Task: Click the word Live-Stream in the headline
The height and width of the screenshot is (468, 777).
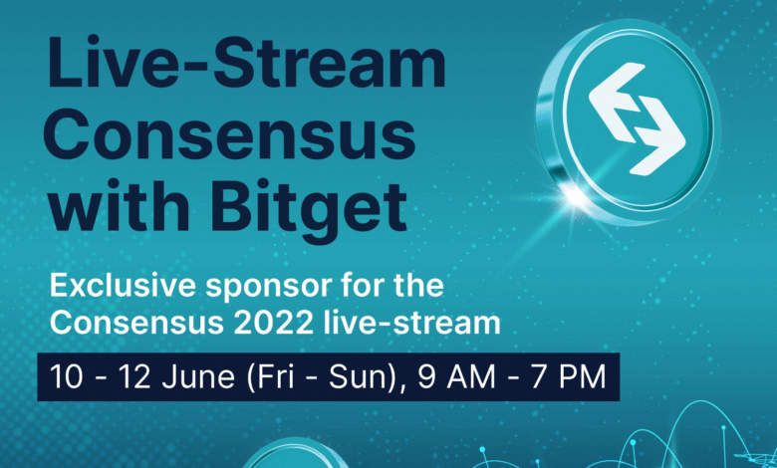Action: click(x=246, y=63)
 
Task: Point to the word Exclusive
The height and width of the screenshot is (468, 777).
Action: click(x=123, y=285)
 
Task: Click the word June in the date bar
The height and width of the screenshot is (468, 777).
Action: click(x=198, y=376)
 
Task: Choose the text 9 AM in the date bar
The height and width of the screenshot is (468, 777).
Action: click(x=456, y=376)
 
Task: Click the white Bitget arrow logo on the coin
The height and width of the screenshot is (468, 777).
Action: click(x=638, y=118)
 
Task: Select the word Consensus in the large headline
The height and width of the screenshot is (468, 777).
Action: click(x=229, y=135)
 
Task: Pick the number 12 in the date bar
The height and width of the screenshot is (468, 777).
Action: click(x=135, y=376)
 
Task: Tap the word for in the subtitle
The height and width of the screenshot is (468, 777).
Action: click(x=358, y=285)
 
